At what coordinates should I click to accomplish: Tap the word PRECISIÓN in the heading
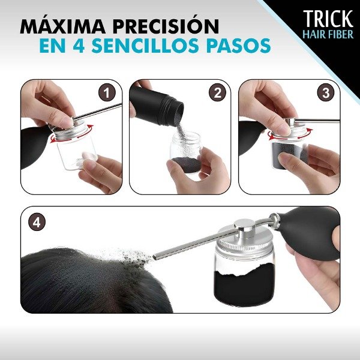pos(167,27)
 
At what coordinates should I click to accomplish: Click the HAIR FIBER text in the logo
pos(328,34)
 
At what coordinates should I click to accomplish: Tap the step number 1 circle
pos(107,92)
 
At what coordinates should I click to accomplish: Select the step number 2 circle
pos(217,92)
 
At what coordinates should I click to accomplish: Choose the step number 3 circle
pos(326,92)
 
